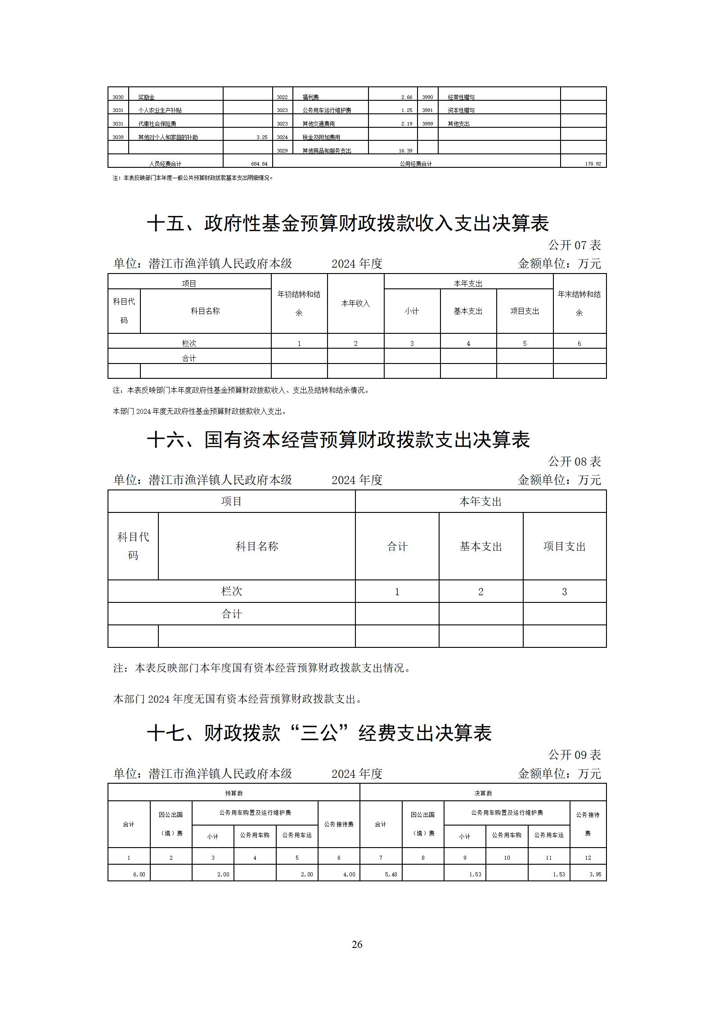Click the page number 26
[357, 944]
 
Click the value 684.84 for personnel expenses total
[259, 164]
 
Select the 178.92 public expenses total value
[593, 164]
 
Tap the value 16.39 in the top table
[405, 151]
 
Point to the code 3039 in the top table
[118, 137]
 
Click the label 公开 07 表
[575, 245]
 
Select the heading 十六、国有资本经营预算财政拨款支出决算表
[338, 440]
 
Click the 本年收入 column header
[355, 303]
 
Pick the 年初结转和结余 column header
[299, 303]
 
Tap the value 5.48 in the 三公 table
[391, 874]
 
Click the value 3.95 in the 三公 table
[595, 874]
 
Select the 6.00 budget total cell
[139, 874]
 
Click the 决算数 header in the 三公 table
[483, 793]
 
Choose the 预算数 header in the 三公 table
[234, 793]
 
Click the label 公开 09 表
[575, 755]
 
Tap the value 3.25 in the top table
[262, 137]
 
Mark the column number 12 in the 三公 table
[588, 857]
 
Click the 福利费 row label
[311, 97]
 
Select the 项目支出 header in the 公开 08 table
[564, 546]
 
